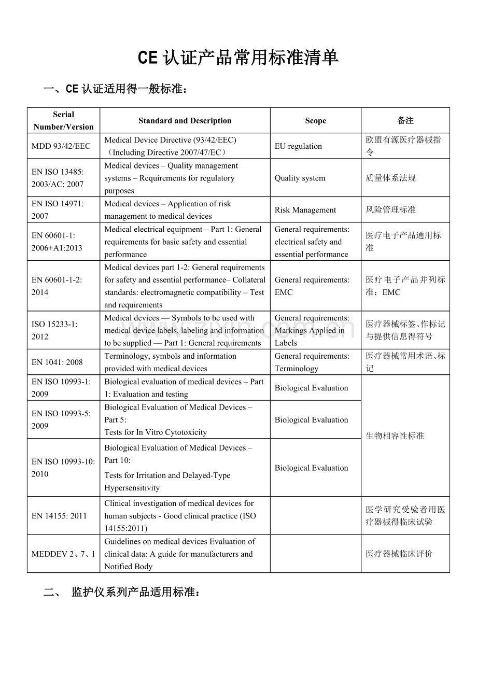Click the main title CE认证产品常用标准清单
pos(238,58)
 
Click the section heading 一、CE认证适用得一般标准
pos(115,89)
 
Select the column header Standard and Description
pos(185,121)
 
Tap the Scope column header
pos(315,121)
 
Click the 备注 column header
pos(405,121)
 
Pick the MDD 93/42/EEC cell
pos(61,146)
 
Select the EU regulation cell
pos(298,146)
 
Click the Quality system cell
pos(300,178)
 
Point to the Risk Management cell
pos(305,210)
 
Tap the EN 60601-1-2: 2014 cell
pos(57,286)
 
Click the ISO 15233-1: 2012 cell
pos(54,330)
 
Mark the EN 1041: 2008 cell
pos(57,362)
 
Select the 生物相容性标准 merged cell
pos(395,436)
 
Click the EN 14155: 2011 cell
pos(59,516)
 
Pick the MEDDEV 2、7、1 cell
pos(63,554)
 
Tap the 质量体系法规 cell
pos(390,178)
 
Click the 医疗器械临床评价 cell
pos(399,554)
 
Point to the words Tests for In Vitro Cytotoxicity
pos(156,432)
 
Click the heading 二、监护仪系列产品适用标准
pos(122,592)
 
